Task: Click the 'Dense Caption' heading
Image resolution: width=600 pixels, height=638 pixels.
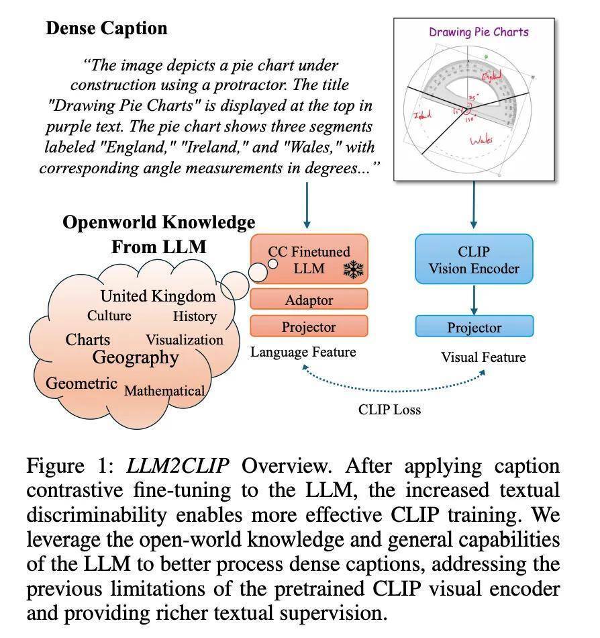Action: tap(106, 28)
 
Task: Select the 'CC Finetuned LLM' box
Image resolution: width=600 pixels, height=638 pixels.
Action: tap(309, 261)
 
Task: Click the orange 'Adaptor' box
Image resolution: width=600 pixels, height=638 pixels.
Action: tap(309, 300)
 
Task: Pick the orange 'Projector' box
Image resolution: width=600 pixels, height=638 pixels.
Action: tap(309, 327)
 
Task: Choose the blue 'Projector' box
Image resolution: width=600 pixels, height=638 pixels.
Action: tap(474, 327)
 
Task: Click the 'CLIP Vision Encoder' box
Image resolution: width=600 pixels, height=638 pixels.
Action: tap(474, 261)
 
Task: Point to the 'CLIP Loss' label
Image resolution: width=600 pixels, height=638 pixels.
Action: tap(389, 410)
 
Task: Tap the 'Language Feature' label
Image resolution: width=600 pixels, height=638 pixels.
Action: tap(303, 352)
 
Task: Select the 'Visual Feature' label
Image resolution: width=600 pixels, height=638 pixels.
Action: tap(483, 357)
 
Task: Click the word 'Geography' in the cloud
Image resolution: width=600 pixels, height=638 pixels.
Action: tap(136, 357)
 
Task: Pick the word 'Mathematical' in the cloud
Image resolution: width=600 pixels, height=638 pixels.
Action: tap(164, 390)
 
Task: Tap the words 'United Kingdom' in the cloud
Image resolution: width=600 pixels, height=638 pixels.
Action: tap(158, 296)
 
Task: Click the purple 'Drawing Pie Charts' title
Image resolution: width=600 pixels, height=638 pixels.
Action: tap(479, 32)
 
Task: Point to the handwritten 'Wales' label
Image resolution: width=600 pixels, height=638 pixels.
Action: tap(481, 140)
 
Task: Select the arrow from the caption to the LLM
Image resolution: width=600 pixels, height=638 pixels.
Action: tap(307, 205)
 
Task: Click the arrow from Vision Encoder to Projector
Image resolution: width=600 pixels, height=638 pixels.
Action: tap(474, 300)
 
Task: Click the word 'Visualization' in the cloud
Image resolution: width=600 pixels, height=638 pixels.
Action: tap(185, 339)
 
